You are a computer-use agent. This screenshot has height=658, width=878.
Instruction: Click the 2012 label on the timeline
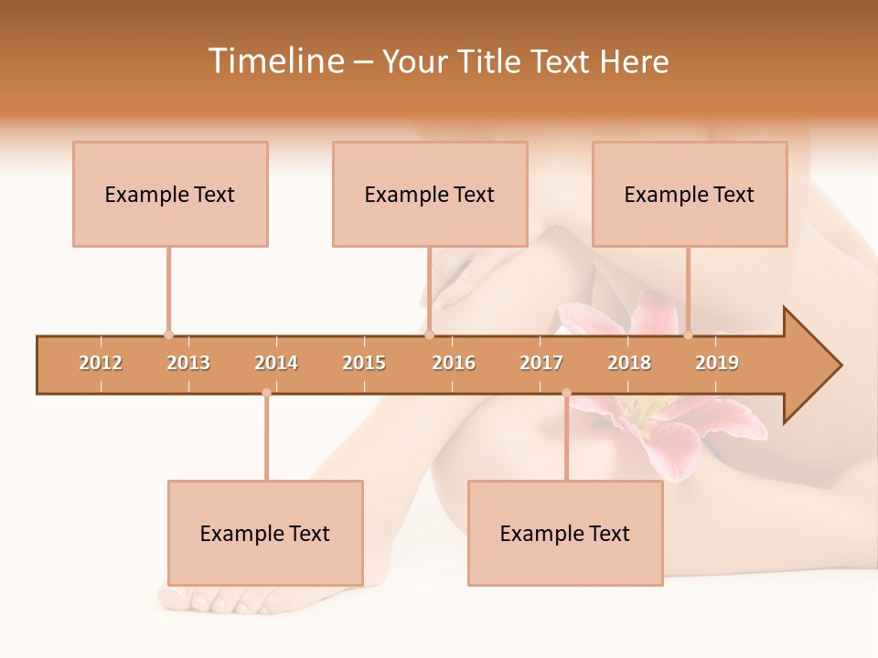(101, 363)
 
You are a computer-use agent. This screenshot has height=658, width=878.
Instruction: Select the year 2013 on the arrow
(188, 363)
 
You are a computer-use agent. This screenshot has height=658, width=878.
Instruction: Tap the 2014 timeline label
(276, 363)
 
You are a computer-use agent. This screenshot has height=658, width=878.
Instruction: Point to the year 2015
(364, 363)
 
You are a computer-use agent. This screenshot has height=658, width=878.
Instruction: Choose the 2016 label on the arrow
(454, 363)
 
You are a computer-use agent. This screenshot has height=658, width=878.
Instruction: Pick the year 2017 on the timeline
(541, 363)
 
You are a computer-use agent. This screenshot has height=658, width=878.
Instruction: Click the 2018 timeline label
(629, 363)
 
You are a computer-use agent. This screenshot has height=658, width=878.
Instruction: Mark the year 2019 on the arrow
(717, 363)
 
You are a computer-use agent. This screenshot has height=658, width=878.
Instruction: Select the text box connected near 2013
(170, 194)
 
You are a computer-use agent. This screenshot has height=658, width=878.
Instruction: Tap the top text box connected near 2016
(430, 194)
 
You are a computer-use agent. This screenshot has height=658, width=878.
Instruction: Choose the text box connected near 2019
(690, 194)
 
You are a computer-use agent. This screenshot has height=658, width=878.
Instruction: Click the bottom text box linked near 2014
(265, 533)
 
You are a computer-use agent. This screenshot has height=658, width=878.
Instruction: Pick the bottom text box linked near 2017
(565, 533)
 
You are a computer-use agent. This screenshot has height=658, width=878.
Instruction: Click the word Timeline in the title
(275, 61)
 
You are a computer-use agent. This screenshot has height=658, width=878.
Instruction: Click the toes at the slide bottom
(206, 600)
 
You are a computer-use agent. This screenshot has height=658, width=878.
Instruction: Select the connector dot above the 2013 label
(168, 334)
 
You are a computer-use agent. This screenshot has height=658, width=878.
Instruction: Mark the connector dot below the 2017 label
(566, 393)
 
